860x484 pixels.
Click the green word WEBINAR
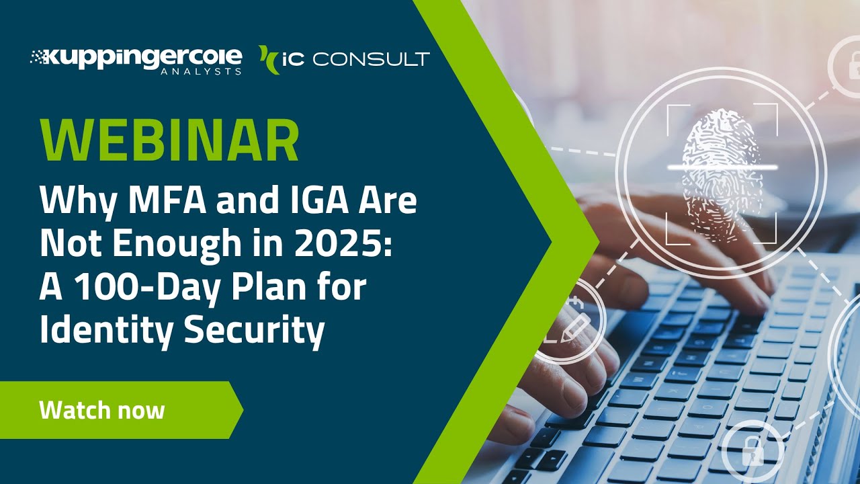pos(169,142)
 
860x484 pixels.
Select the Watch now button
pos(102,410)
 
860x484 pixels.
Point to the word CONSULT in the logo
pos(371,60)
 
